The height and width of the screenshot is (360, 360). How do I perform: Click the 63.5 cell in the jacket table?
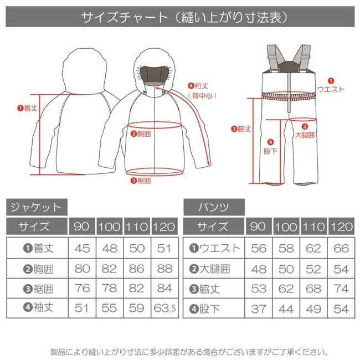164,308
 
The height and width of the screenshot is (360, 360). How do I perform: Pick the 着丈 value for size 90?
82,248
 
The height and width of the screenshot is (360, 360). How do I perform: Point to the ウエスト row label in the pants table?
214,248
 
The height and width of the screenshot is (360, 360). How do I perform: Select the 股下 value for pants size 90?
259,308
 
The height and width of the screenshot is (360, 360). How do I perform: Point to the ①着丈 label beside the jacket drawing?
27,109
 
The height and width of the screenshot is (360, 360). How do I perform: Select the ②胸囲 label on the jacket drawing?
141,133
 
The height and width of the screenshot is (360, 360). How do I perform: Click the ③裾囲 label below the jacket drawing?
141,181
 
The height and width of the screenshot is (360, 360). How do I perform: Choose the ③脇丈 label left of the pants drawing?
241,129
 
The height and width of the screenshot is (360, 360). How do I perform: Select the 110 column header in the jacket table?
136,227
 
